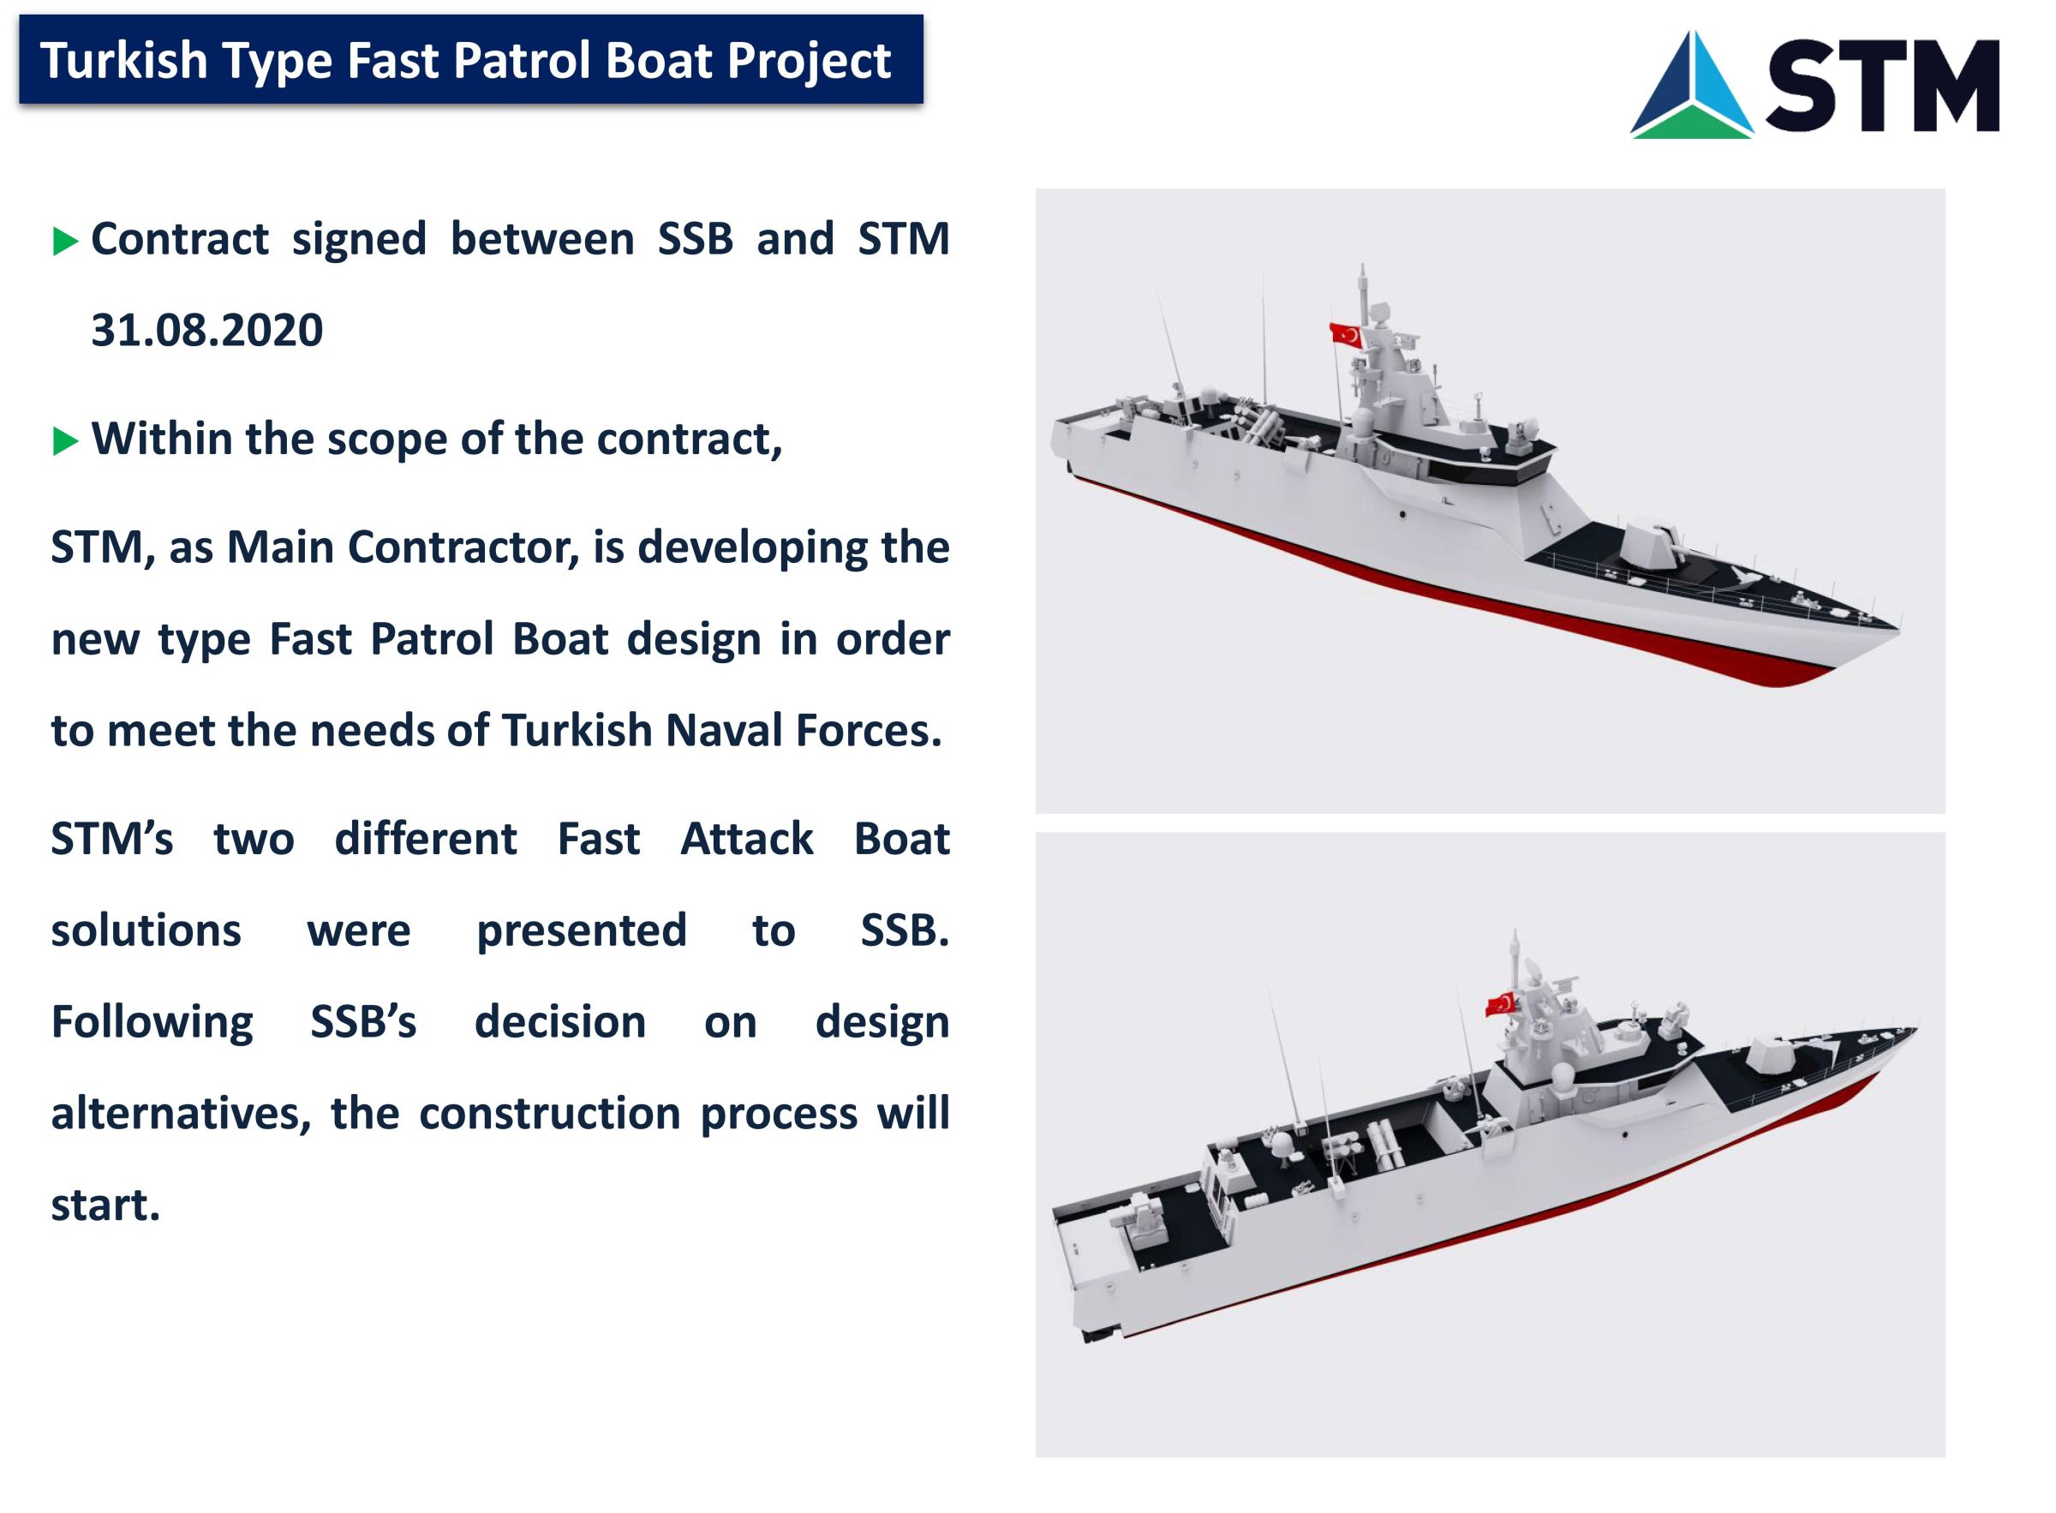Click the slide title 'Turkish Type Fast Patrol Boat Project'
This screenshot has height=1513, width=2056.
(x=466, y=61)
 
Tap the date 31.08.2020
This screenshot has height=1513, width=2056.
(x=207, y=330)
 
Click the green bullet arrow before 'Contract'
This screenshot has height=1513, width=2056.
(x=66, y=242)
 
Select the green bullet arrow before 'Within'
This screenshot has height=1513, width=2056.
(x=66, y=441)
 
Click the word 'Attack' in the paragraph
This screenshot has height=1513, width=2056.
(x=746, y=839)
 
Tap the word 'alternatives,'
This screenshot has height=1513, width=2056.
(x=182, y=1115)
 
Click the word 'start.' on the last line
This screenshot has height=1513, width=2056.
(x=105, y=1206)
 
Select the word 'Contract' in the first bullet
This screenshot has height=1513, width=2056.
(x=180, y=239)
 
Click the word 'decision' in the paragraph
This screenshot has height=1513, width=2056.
(x=559, y=1022)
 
